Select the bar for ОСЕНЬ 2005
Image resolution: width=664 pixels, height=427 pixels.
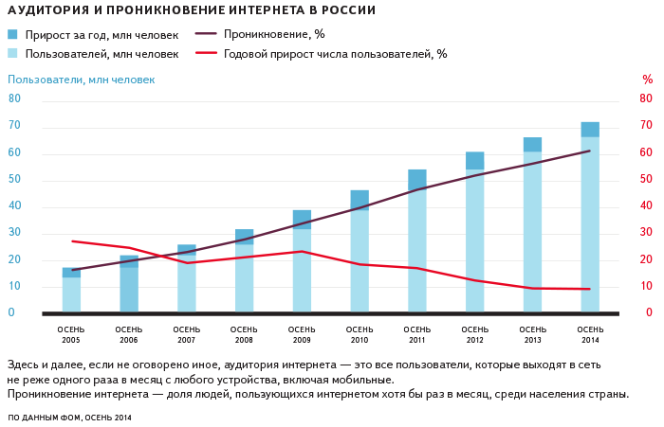(x=71, y=293)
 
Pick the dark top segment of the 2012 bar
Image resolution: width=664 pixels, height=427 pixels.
(x=474, y=161)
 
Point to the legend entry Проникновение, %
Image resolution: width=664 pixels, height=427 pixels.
(x=261, y=35)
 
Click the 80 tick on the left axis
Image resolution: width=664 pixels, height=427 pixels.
(x=14, y=98)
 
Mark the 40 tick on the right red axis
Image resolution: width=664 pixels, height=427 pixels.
(x=646, y=205)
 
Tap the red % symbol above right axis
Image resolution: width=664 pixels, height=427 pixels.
(x=647, y=80)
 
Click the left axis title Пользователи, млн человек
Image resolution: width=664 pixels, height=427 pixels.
(x=81, y=80)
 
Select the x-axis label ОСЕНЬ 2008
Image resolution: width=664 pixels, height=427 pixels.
(x=245, y=334)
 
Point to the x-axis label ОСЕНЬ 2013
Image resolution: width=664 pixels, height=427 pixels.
(x=532, y=334)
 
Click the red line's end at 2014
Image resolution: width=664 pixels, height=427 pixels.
(x=590, y=289)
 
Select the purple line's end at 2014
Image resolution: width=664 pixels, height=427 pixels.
(x=590, y=151)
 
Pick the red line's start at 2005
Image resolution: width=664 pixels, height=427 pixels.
(x=72, y=241)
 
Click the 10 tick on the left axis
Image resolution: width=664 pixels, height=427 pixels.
(x=14, y=286)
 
